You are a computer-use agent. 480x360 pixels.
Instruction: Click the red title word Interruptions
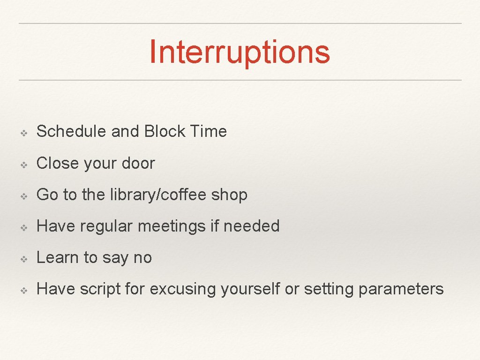pos(240,52)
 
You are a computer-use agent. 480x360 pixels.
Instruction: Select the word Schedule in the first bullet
pos(71,131)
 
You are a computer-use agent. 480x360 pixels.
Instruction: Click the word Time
pos(209,131)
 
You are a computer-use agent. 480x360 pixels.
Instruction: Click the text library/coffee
pos(158,195)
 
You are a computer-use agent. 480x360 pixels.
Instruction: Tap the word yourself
pos(250,289)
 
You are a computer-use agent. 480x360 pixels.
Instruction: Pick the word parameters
pos(401,289)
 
